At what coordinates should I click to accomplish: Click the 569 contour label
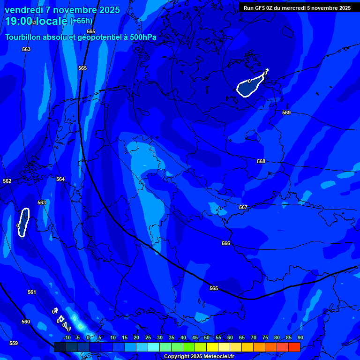pyautogui.click(x=286, y=112)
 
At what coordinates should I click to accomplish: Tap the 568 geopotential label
pyautogui.click(x=261, y=161)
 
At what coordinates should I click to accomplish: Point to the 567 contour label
pyautogui.click(x=243, y=207)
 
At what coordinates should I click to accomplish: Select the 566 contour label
pyautogui.click(x=226, y=243)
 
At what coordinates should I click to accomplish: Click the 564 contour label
pyautogui.click(x=60, y=179)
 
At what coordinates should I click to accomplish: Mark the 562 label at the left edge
pyautogui.click(x=7, y=181)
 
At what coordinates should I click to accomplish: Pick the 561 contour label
pyautogui.click(x=31, y=292)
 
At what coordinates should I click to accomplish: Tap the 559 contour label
pyautogui.click(x=14, y=343)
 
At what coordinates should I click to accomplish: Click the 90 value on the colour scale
pyautogui.click(x=300, y=337)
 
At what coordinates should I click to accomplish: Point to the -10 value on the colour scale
pyautogui.click(x=67, y=337)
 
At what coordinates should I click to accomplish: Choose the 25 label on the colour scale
pyautogui.click(x=148, y=337)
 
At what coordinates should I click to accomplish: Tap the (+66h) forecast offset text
pyautogui.click(x=81, y=21)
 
